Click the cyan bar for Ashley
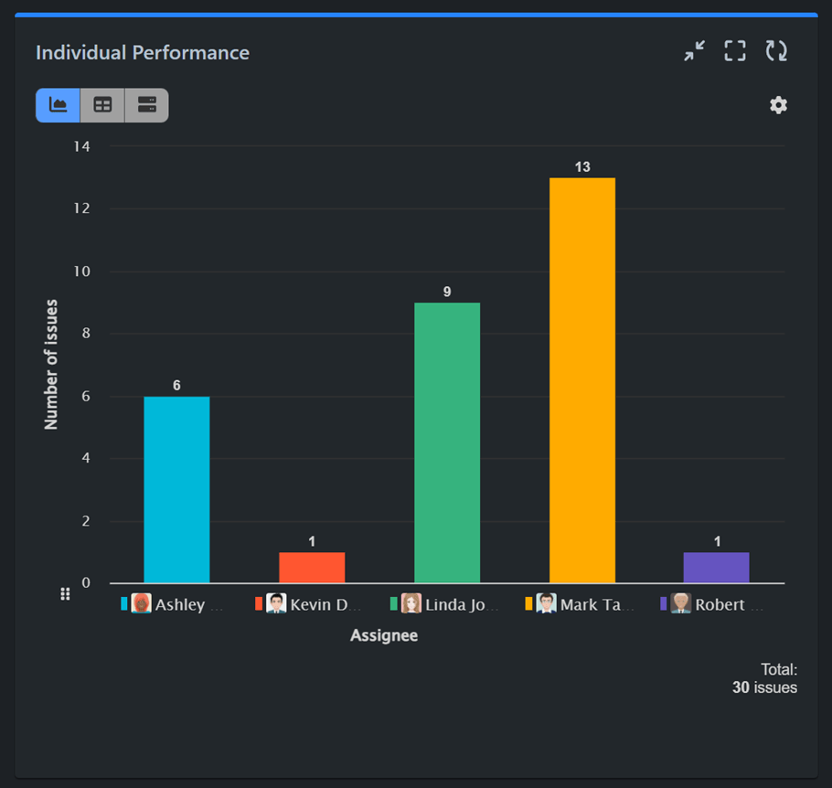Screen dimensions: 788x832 176,489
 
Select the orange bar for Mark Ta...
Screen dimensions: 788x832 582,380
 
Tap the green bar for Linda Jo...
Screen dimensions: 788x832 447,442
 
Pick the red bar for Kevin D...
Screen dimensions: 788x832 312,568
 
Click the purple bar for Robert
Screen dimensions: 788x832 716,568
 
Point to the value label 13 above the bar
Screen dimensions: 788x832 582,166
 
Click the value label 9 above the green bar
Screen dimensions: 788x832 447,292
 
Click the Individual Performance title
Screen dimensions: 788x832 143,52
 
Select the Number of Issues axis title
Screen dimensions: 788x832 51,364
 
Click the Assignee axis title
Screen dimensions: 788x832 384,635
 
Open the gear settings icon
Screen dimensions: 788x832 778,105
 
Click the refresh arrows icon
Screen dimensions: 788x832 776,51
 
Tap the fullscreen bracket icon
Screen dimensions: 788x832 735,51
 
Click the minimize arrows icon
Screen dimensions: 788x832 695,51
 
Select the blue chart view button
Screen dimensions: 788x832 58,105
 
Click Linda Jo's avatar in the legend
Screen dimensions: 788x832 411,603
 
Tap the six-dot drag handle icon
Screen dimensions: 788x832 65,594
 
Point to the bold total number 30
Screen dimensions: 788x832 741,687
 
